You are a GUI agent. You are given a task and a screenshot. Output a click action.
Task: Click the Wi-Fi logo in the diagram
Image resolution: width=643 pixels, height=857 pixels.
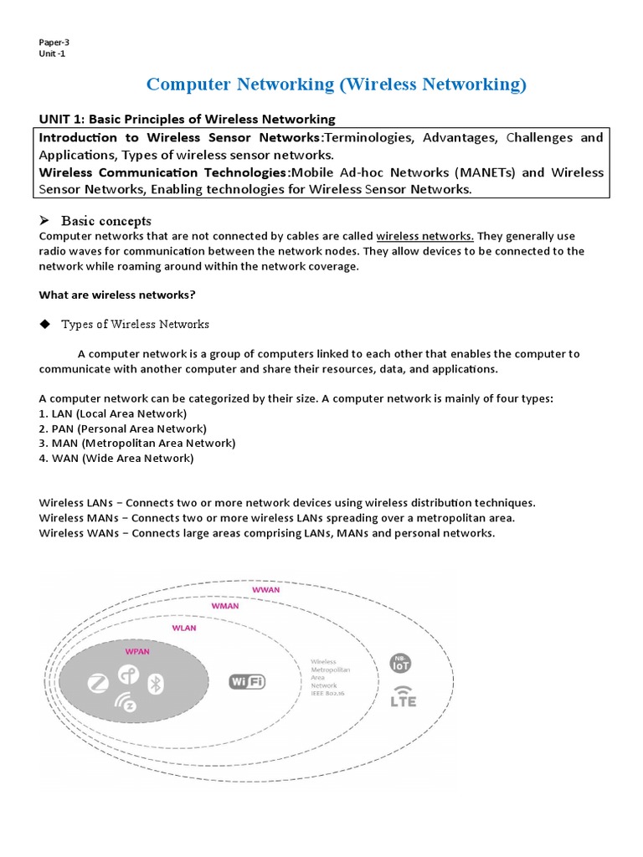tap(247, 681)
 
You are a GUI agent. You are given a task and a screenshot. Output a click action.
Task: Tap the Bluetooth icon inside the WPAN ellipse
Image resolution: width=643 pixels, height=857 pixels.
tap(154, 683)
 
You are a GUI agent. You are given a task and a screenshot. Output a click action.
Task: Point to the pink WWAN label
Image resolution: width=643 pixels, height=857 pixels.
tap(267, 590)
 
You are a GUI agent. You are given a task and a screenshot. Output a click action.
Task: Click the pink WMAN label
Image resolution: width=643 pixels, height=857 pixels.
tap(224, 605)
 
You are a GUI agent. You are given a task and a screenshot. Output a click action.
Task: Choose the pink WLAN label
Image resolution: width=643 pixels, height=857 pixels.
tap(184, 628)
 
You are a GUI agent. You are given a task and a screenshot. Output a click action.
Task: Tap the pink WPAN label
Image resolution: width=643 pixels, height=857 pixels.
tap(137, 649)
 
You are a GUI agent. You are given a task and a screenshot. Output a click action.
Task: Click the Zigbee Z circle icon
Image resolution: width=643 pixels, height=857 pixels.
tap(98, 684)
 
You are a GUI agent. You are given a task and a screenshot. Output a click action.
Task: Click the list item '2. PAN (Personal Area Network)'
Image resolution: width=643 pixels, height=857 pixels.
tap(122, 428)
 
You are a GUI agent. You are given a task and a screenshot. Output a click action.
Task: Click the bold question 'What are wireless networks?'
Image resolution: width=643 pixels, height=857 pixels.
tap(117, 295)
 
